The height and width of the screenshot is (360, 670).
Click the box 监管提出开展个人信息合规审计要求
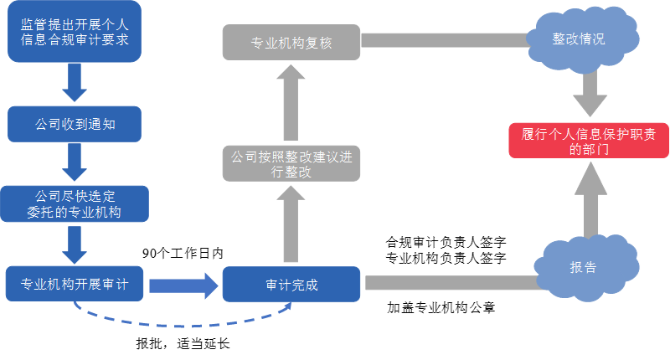click(75, 32)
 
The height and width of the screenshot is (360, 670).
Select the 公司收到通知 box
click(75, 124)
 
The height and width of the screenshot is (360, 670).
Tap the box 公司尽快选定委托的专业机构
click(75, 203)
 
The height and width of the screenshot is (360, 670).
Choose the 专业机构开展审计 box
click(75, 284)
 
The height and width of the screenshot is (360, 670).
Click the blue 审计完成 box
click(291, 284)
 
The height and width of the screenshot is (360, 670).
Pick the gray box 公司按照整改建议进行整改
click(291, 163)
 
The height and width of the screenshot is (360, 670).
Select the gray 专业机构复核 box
click(291, 43)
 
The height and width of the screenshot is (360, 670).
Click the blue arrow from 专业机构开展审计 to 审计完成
click(183, 284)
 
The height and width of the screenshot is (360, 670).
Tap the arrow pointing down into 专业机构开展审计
click(75, 244)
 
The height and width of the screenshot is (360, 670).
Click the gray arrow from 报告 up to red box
click(590, 201)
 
